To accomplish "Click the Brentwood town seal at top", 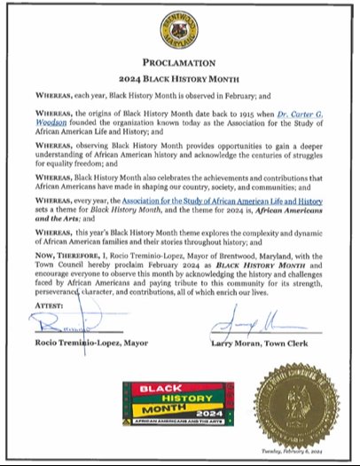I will (179, 33).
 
